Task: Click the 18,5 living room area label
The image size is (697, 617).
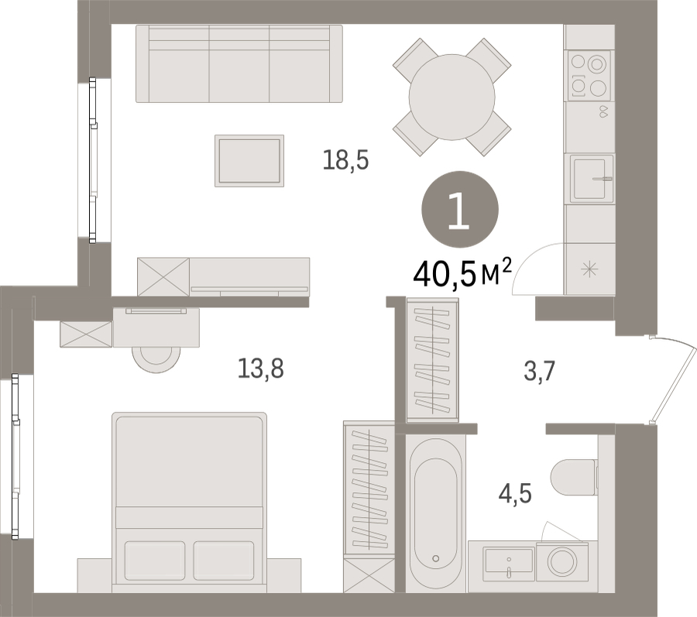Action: (346, 160)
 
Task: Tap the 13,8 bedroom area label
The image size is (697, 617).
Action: (260, 368)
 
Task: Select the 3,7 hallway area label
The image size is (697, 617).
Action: (539, 372)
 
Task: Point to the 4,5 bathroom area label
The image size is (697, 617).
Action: (515, 494)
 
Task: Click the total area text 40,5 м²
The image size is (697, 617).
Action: (462, 273)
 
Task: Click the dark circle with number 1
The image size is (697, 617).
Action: (459, 209)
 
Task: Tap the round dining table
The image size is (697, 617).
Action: (452, 97)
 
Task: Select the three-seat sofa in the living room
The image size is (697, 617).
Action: (239, 64)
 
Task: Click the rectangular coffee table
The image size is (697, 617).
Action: (249, 161)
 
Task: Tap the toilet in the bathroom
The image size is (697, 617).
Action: (573, 478)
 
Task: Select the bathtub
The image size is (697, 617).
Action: (435, 512)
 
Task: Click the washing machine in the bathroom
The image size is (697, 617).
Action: (562, 561)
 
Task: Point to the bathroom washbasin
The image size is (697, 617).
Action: (509, 561)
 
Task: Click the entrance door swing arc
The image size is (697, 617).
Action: (675, 380)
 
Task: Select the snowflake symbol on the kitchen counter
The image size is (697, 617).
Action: (589, 269)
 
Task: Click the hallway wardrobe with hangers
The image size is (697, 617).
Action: (432, 360)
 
